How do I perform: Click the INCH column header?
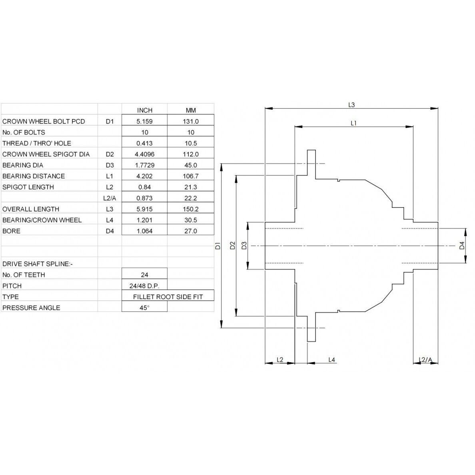144,110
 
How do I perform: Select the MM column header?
191,110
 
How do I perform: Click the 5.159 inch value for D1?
144,122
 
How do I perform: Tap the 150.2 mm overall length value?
191,209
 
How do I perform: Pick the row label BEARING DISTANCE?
34,176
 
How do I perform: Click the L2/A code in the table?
110,198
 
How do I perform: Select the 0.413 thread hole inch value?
144,143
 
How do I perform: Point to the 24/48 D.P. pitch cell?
144,286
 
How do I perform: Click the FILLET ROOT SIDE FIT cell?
168,297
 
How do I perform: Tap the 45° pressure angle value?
144,308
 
